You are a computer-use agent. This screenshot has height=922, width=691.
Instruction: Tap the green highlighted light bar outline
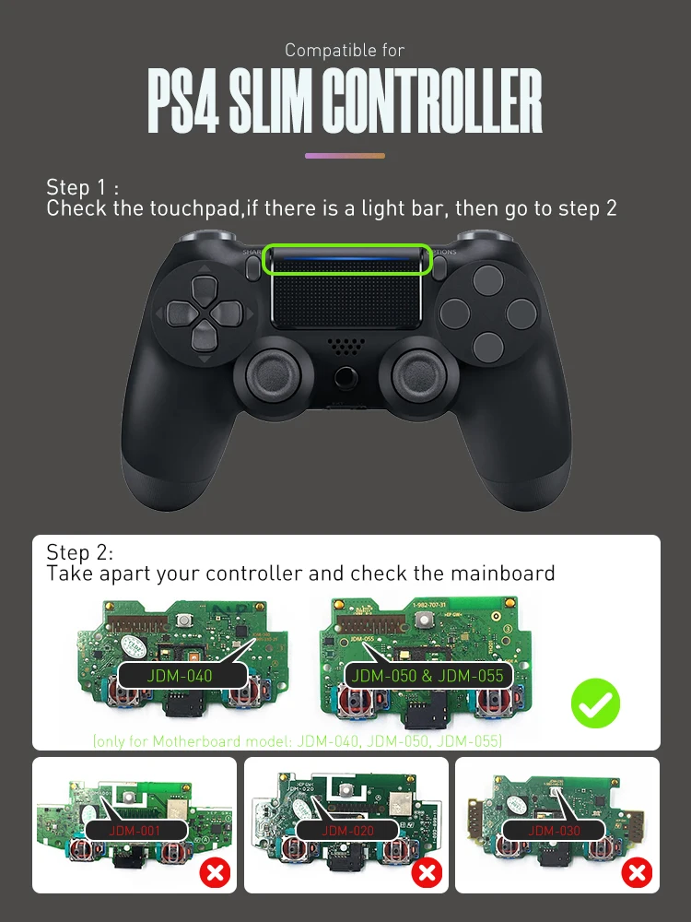coord(347,260)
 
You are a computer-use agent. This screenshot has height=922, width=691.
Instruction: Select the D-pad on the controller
coord(202,312)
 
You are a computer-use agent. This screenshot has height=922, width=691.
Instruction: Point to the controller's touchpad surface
coord(347,300)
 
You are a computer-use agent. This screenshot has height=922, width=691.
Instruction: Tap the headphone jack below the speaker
coord(345,376)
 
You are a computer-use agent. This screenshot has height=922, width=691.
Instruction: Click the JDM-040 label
coord(180,676)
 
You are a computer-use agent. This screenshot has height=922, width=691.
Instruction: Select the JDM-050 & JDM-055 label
coord(427,676)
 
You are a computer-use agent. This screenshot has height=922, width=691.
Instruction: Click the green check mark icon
coord(595,704)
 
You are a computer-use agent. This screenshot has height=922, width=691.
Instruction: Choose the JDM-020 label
coord(347,831)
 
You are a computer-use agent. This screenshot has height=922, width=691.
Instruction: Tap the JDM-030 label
coord(554,831)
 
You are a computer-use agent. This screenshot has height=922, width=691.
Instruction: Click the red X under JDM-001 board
coord(216,871)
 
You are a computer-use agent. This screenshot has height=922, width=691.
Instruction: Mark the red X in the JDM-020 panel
coord(427,871)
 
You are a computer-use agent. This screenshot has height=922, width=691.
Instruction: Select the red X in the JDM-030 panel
coord(638,871)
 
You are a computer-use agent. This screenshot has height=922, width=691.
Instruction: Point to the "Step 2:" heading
coord(79,553)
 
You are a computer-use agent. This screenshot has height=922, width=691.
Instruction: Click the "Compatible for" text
coord(345,50)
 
